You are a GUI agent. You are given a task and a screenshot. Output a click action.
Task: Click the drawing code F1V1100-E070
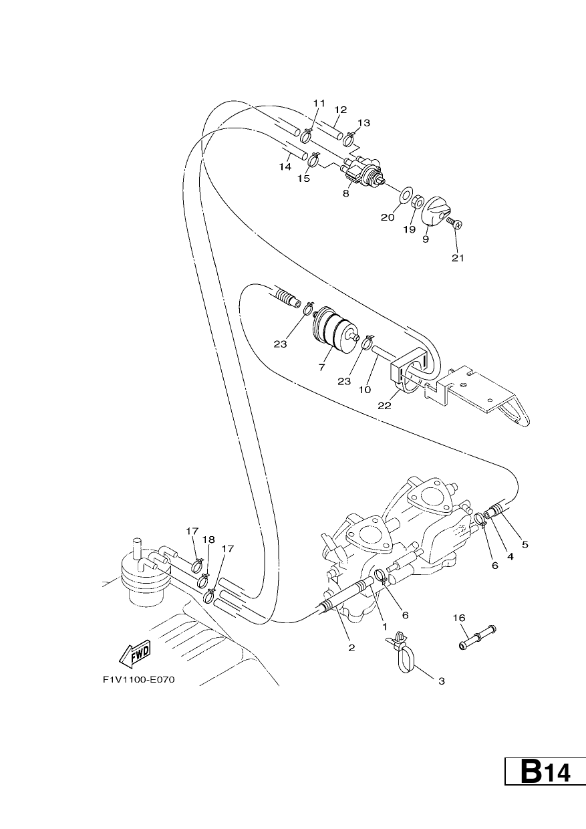pos(138,680)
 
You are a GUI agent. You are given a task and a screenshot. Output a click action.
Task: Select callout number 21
pos(458,258)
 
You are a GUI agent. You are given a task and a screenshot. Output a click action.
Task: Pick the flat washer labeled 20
pos(406,194)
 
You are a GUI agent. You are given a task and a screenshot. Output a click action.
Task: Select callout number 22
pos(384,406)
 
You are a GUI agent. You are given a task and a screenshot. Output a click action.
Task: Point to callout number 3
pos(442,681)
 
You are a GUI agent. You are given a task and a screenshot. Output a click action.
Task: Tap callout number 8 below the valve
pos(346,193)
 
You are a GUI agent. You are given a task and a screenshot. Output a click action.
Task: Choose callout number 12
pos(340,110)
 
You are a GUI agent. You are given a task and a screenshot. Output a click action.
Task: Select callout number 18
pos(208,540)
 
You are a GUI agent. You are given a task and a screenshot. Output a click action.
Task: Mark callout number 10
pos(364,389)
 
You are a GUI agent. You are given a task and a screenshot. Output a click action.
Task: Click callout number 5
pos(525,544)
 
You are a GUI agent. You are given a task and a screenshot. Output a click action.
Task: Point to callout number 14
pos(285,167)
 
